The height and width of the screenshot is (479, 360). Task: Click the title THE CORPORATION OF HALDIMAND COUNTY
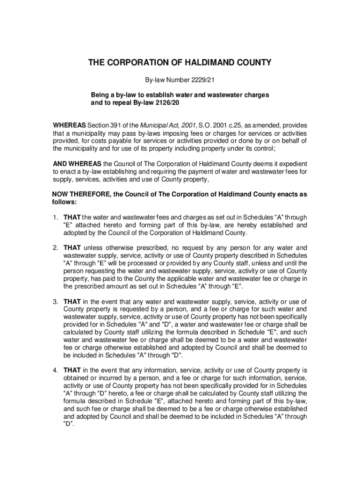pos(180,63)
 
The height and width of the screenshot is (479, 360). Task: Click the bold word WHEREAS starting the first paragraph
pos(69,125)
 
